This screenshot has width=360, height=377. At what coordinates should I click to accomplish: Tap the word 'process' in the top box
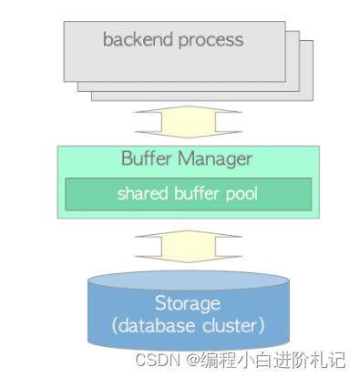211,39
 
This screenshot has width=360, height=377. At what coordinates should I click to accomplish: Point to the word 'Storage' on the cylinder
187,302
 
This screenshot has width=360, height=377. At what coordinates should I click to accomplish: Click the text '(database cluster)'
187,325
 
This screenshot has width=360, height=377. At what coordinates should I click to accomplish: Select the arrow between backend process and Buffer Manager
187,121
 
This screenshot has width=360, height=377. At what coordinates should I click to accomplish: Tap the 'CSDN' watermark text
155,360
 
